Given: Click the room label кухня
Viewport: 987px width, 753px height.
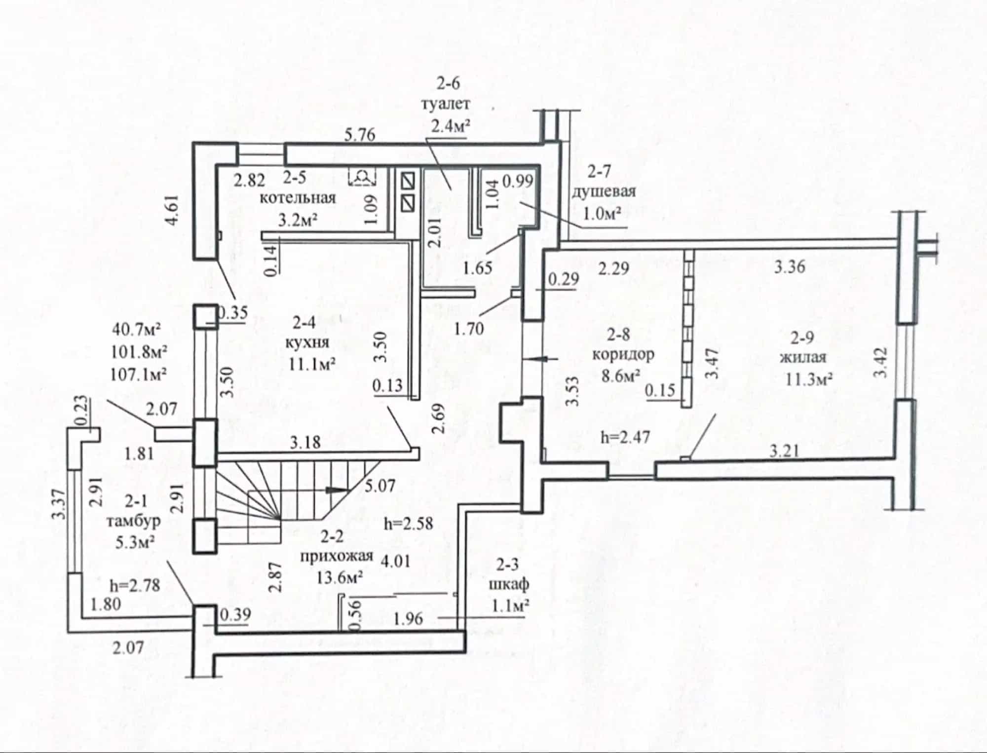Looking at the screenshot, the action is point(307,343).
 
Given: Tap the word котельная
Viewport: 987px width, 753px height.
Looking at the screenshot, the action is point(298,198).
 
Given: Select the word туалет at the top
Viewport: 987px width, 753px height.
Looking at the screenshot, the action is point(446,105).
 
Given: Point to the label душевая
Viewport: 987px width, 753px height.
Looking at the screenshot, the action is point(604,191).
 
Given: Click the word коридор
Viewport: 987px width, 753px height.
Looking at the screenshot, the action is point(623,354).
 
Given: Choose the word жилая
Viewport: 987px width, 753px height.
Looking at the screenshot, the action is point(802,356).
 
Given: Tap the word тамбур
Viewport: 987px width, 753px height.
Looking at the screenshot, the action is point(134,521).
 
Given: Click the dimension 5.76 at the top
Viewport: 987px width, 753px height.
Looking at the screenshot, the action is point(360,134).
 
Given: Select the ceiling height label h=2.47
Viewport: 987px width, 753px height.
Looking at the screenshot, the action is point(625,437).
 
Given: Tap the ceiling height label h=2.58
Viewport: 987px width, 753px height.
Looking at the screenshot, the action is point(408,523).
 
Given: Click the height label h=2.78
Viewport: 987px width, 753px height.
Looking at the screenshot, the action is point(135,585).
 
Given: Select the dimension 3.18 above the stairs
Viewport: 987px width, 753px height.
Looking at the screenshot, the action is point(305,442).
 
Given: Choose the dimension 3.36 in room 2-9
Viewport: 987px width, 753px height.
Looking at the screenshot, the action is point(789,267).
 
